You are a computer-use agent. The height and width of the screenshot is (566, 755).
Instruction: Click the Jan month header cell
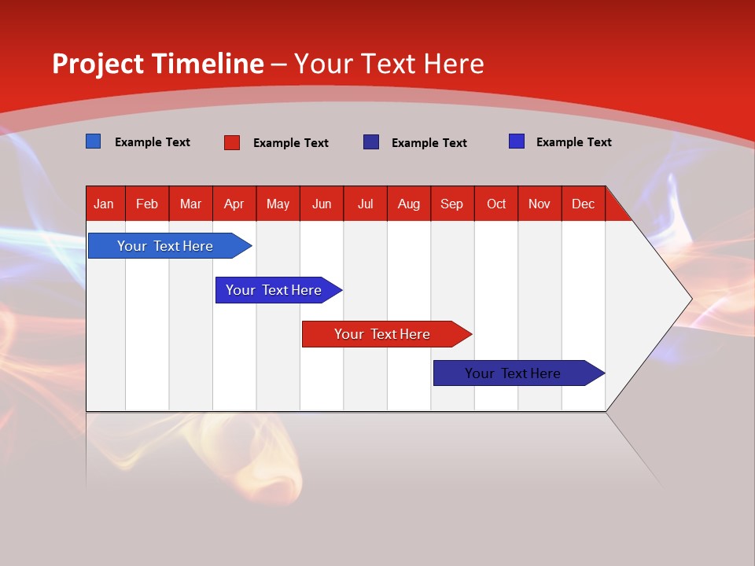[x=105, y=204]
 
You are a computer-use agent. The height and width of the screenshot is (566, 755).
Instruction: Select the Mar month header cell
[x=190, y=204]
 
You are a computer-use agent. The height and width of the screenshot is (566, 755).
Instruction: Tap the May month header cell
[x=278, y=204]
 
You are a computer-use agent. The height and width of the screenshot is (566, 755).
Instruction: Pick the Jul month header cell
[x=365, y=204]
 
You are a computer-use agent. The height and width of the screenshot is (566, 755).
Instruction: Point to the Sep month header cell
[x=452, y=204]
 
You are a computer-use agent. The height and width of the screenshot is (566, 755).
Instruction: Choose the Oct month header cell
[x=496, y=204]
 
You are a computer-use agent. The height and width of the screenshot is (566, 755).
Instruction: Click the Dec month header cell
[x=584, y=204]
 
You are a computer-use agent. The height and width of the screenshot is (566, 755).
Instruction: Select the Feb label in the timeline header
[x=147, y=204]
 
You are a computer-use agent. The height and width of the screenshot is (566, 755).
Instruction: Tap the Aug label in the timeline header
[x=409, y=204]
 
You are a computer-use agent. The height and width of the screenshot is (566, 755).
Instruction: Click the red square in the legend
[x=232, y=142]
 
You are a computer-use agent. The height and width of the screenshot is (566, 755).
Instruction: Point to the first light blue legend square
[x=93, y=141]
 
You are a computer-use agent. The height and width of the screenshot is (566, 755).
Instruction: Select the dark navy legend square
[x=371, y=142]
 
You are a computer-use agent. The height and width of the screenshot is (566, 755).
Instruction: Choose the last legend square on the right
[x=517, y=141]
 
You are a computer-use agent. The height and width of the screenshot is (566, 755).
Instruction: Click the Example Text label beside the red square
[x=291, y=143]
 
